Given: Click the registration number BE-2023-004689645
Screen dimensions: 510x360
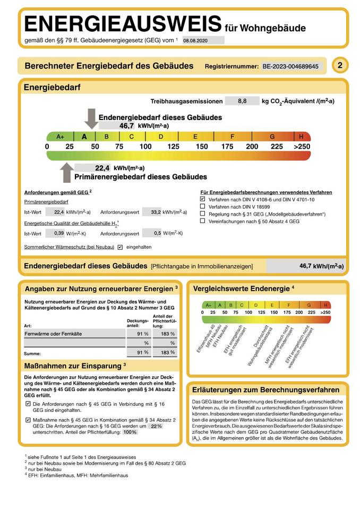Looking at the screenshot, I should pos(290,66).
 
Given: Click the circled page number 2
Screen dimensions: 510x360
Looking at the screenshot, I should pos(340,65).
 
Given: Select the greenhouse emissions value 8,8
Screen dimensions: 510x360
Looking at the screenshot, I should pos(242,101).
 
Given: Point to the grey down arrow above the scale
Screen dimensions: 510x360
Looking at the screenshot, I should pos(91,118).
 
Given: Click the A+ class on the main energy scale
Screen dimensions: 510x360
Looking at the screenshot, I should pos(60,137).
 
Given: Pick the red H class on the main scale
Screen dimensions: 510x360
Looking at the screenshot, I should pos(301,137).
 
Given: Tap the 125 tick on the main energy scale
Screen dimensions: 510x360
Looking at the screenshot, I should pos(174,147).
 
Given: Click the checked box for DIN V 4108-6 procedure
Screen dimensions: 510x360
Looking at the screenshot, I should pos(202,199).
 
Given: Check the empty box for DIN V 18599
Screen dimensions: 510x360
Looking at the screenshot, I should pos(202,207).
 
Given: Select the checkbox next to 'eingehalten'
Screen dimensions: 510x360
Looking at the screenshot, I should pos(120,247).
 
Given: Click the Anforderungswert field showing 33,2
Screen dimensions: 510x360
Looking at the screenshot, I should pos(152,211).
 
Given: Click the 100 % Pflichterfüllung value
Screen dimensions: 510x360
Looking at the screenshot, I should pos(130,432).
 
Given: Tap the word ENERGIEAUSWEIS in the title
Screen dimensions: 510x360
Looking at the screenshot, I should pos(123,24).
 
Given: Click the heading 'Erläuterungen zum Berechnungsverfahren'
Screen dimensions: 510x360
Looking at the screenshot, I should pos(265,389).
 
